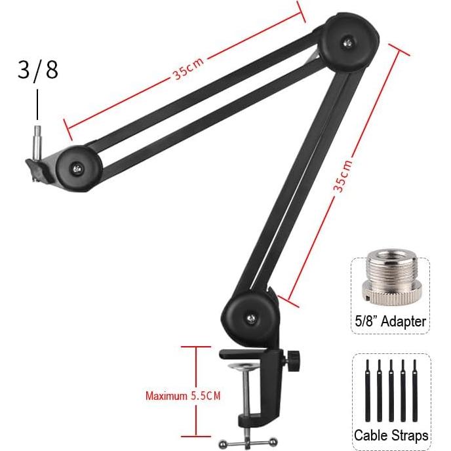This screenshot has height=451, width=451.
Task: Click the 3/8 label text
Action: coord(37,69)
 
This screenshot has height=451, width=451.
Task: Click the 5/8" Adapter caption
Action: coord(391,322)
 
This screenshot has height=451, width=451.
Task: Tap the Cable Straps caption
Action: coord(391,435)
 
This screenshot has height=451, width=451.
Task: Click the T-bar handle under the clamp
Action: coord(243,442)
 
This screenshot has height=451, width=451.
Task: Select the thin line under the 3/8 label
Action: coord(37,105)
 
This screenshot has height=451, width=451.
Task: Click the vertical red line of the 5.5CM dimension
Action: coord(195,391)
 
